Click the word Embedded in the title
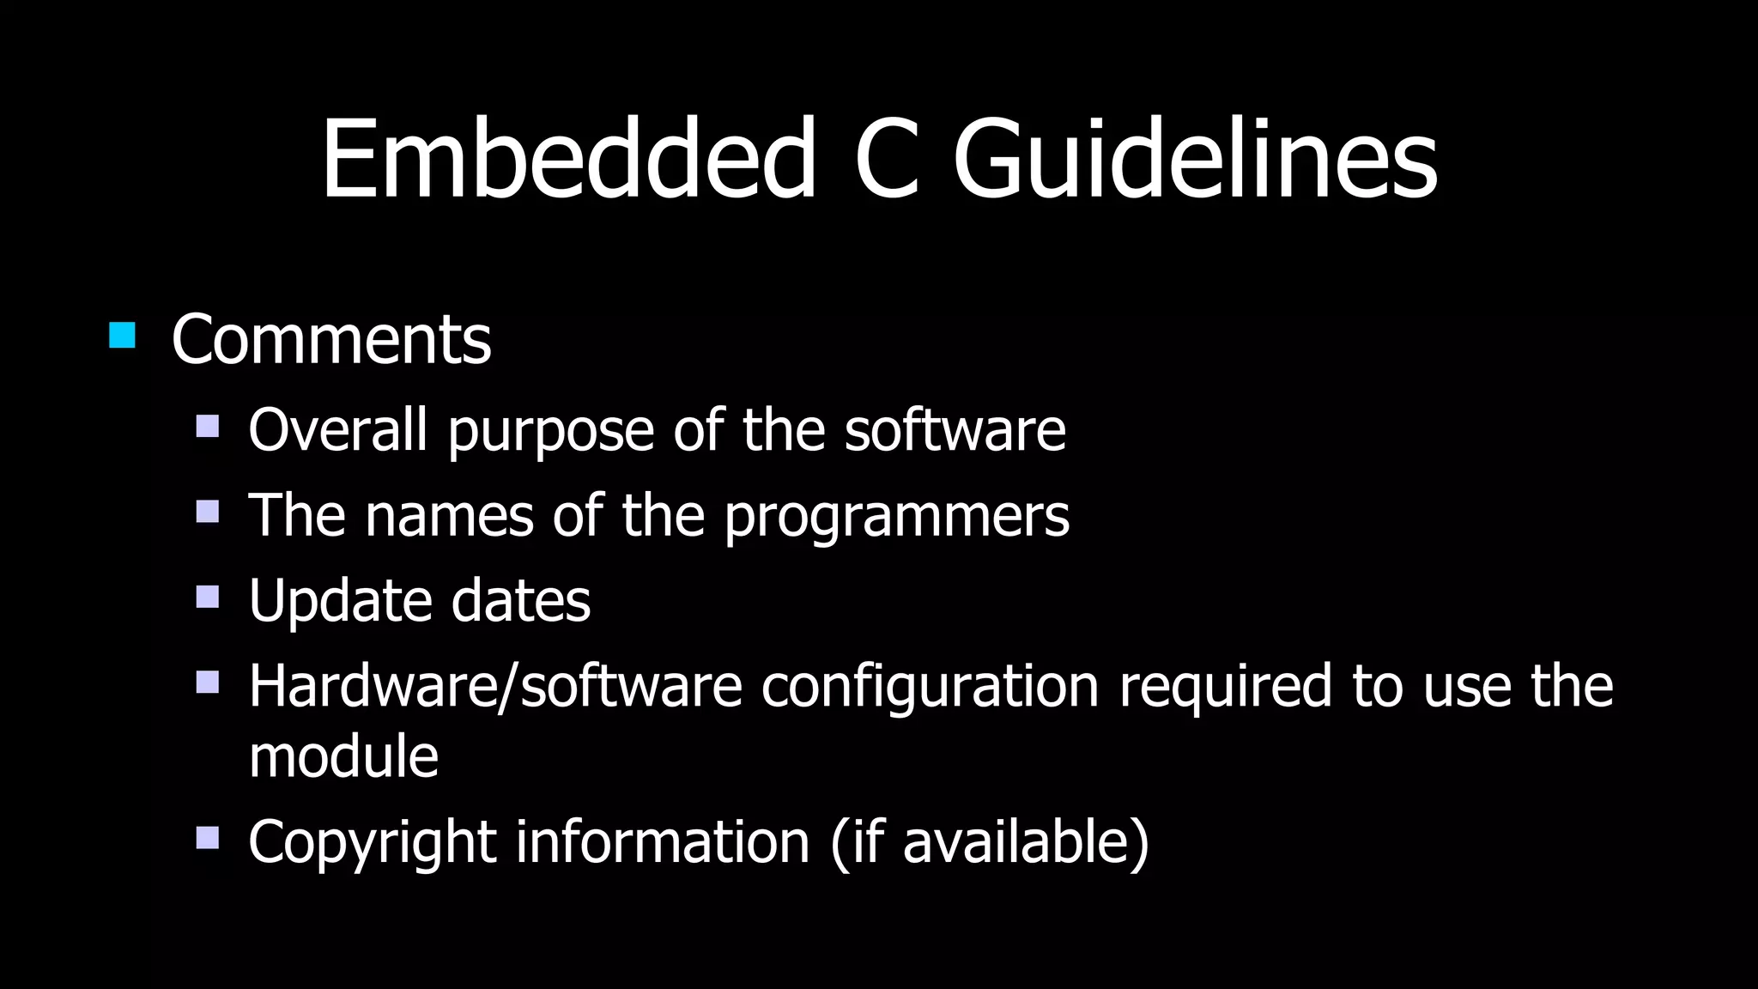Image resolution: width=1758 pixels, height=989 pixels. pyautogui.click(x=568, y=160)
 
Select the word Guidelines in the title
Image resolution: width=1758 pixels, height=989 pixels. pyautogui.click(x=1195, y=160)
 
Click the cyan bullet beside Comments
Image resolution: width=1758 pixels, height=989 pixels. pyautogui.click(x=123, y=335)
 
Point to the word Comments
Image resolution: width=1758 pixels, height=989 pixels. pyautogui.click(x=331, y=340)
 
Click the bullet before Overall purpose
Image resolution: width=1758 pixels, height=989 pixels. pyautogui.click(x=208, y=427)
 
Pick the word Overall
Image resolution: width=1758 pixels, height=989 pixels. pyautogui.click(x=337, y=429)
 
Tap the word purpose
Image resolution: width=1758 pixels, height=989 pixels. pyautogui.click(x=550, y=433)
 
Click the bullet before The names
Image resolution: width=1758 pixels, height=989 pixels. pyautogui.click(x=208, y=512)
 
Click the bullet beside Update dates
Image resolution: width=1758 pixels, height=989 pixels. pyautogui.click(x=208, y=597)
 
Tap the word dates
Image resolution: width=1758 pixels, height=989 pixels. pyautogui.click(x=521, y=600)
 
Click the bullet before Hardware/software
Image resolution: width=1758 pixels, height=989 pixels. pyautogui.click(x=208, y=683)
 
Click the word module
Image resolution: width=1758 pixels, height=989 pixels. pyautogui.click(x=343, y=756)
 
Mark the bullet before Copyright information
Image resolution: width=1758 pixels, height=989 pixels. pyautogui.click(x=208, y=837)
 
